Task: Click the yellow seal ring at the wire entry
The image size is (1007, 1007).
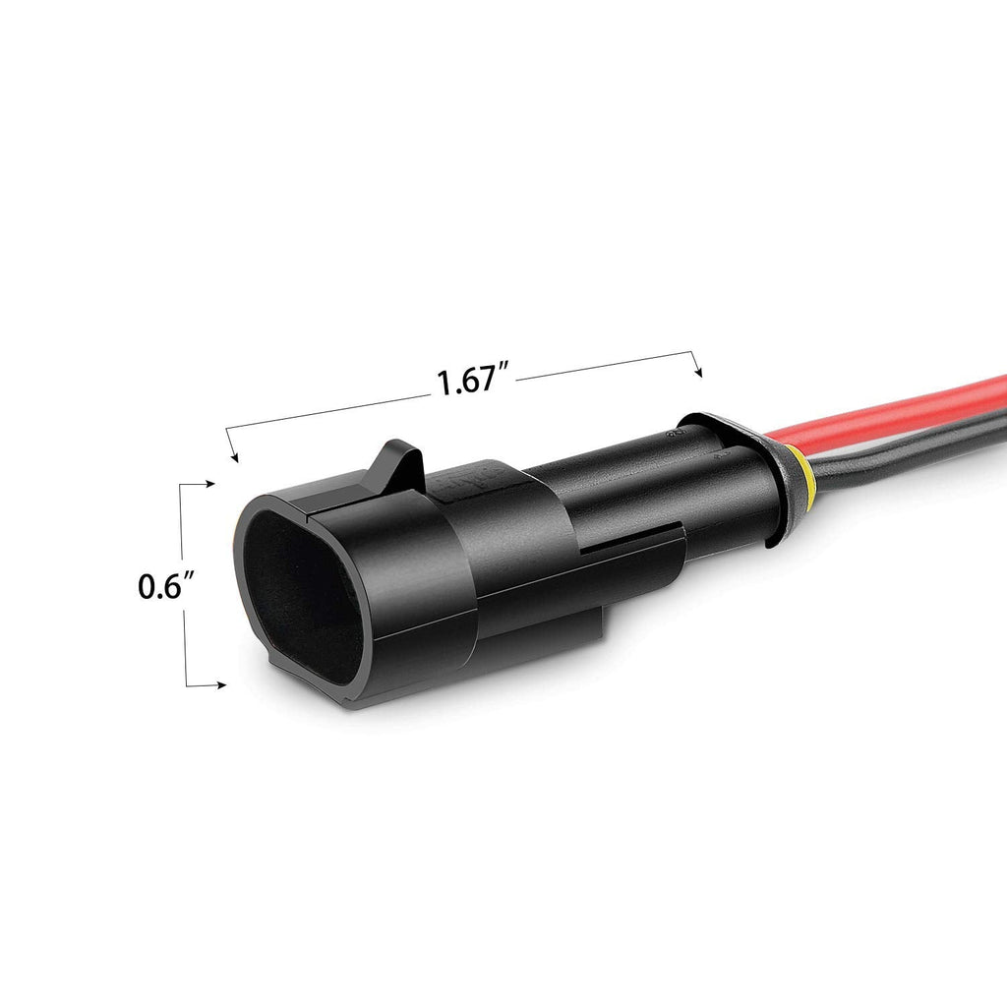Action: [804, 479]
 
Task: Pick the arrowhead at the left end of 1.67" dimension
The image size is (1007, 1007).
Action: [233, 455]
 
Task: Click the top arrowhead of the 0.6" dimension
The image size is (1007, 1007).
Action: [209, 484]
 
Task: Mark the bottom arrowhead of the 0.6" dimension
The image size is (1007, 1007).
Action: [224, 685]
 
